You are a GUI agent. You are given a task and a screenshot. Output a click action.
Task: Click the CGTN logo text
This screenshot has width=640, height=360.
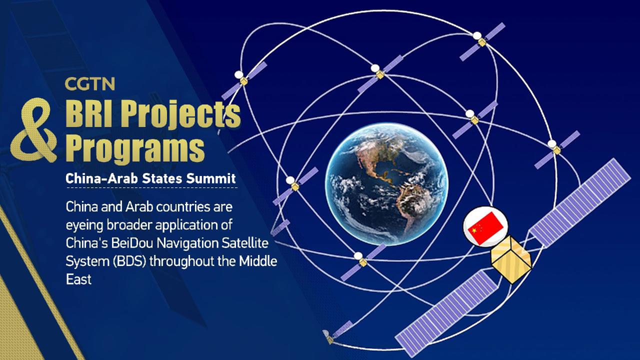(x=89, y=83)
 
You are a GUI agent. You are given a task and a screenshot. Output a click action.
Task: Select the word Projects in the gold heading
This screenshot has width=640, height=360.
(x=185, y=114)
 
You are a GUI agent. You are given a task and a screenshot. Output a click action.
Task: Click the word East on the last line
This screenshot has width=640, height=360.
(x=78, y=279)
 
